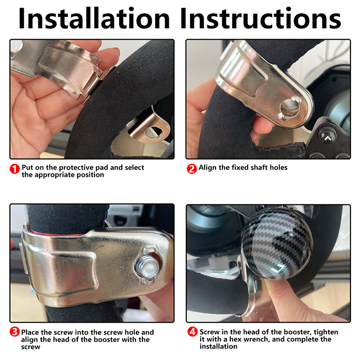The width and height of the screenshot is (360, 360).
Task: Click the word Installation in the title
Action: point(94,18)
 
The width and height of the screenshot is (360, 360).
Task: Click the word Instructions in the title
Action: point(261,18)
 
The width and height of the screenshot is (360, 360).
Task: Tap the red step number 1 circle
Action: point(15,169)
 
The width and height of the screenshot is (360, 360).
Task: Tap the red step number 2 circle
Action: point(192,169)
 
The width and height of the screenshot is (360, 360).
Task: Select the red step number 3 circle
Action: point(14,332)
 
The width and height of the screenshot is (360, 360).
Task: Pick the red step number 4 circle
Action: point(193,332)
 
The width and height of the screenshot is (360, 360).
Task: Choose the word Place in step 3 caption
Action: point(30,332)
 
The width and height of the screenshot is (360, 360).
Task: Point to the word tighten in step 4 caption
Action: point(326,332)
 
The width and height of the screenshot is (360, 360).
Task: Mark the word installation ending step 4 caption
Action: point(218,346)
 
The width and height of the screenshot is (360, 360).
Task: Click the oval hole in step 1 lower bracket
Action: point(153,131)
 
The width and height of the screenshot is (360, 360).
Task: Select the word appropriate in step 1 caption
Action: point(54,175)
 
